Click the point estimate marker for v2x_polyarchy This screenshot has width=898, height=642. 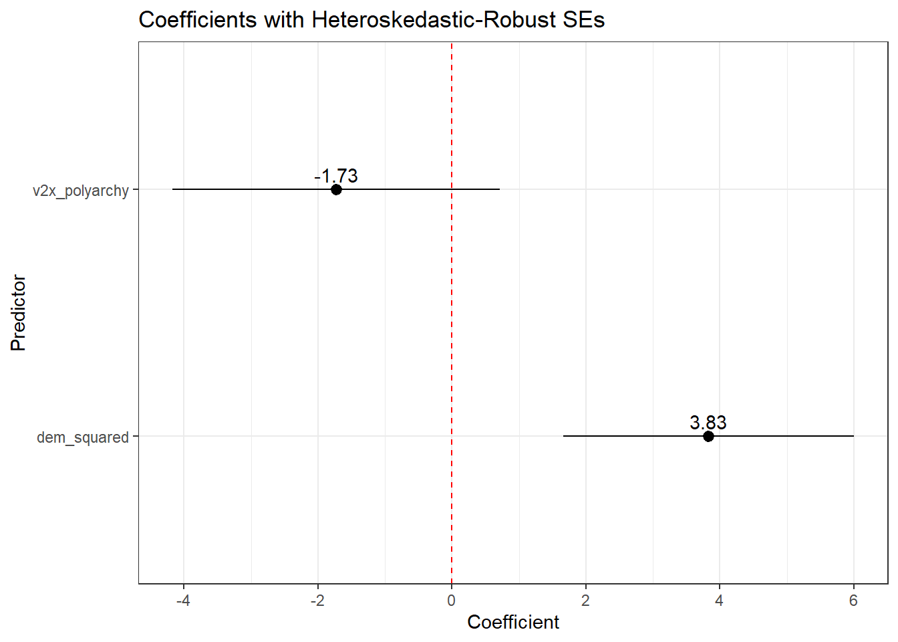[x=336, y=189]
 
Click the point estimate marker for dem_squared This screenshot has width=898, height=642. [x=708, y=436]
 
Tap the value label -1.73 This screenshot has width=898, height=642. [x=336, y=176]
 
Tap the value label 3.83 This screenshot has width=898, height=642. [x=708, y=423]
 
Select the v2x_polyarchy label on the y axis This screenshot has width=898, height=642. [x=81, y=191]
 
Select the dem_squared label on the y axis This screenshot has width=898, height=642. [x=83, y=437]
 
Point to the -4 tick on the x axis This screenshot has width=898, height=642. [x=183, y=601]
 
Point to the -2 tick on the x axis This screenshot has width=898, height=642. [x=317, y=601]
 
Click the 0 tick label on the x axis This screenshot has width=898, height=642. [x=452, y=601]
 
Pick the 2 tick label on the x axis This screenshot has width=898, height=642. [x=585, y=601]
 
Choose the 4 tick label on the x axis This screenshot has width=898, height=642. [x=719, y=601]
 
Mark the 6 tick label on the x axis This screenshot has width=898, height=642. [x=853, y=601]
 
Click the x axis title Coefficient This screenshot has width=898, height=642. [x=513, y=622]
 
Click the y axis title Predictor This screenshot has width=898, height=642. [x=18, y=313]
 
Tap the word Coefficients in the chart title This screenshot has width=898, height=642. [x=198, y=20]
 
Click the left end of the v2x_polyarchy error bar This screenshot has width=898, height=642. [x=173, y=189]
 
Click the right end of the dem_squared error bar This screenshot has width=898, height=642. [x=853, y=436]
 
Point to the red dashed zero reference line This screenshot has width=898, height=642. [x=452, y=314]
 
